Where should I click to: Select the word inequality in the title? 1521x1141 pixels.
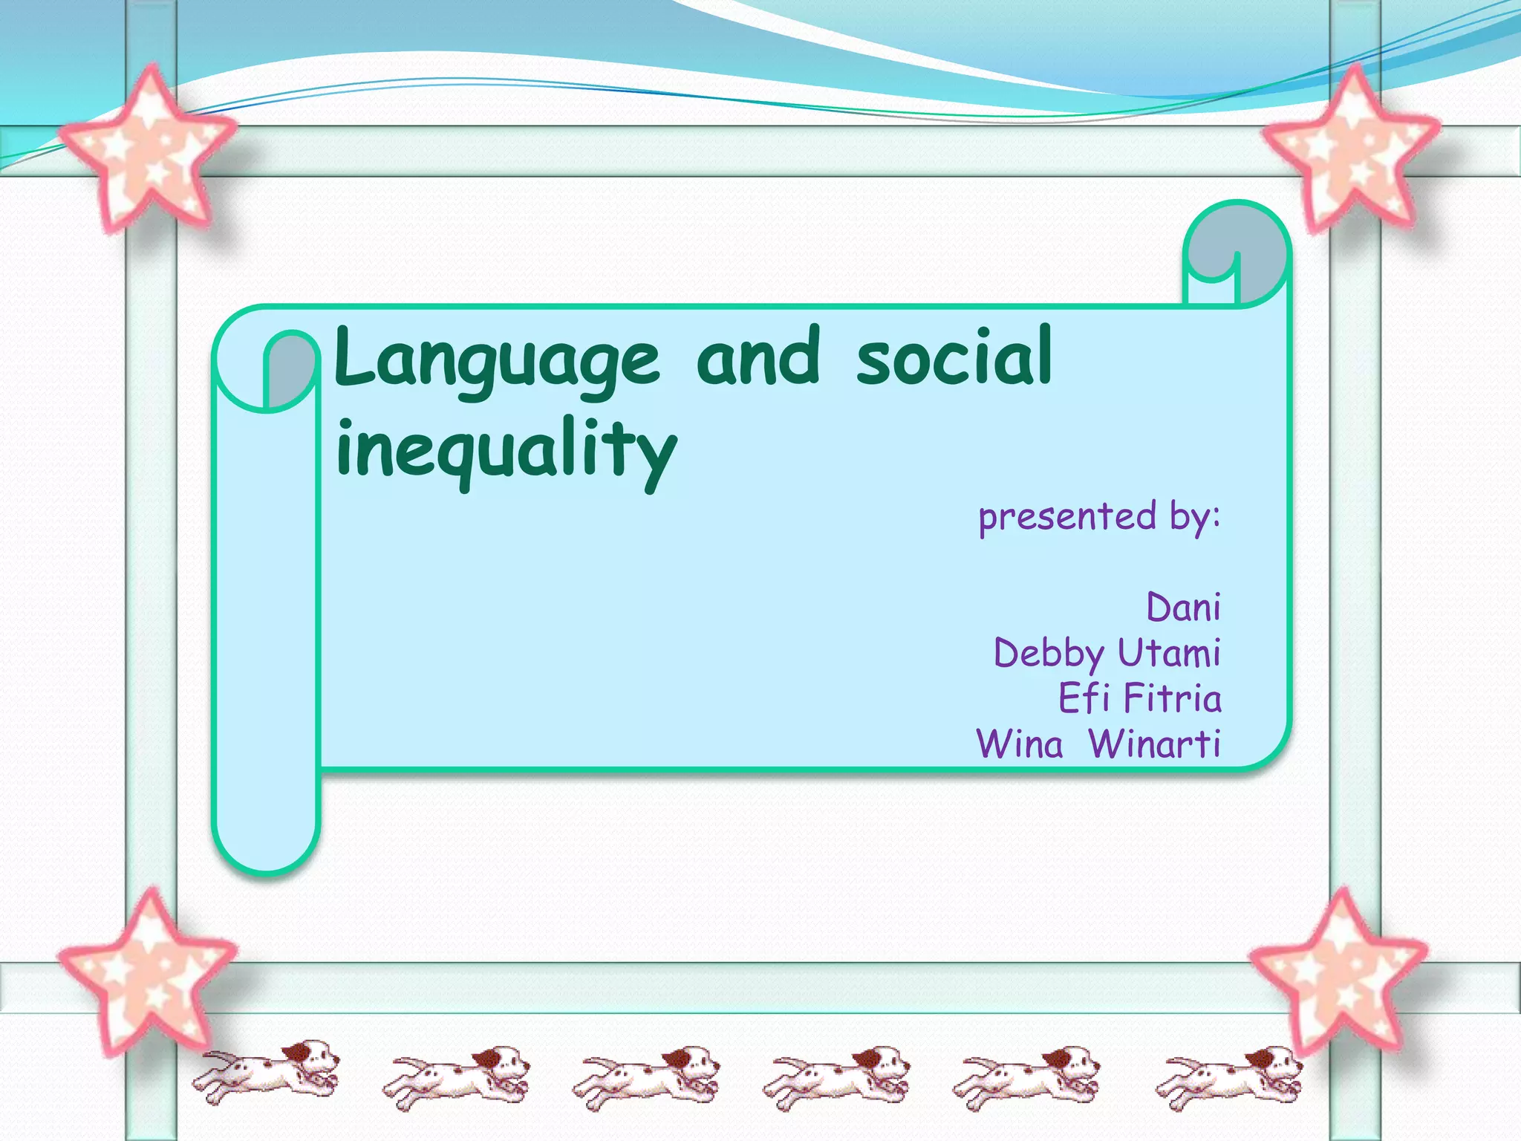point(506,450)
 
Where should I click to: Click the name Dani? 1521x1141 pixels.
point(1183,607)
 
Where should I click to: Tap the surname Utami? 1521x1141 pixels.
point(1169,653)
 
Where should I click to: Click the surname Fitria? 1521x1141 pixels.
point(1172,698)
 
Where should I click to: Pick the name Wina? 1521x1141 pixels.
point(1020,744)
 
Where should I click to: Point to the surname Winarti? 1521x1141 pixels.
point(1154,744)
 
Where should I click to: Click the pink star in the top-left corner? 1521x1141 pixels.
point(149,149)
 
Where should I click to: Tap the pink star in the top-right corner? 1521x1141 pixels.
point(1350,149)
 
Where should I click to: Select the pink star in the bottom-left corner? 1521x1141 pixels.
point(149,969)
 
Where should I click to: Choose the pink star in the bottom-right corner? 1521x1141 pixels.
point(1339,969)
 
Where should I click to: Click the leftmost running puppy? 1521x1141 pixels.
point(267,1070)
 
